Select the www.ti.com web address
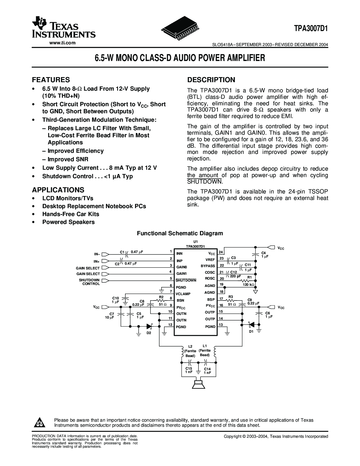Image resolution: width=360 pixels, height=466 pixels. pyautogui.click(x=63, y=43)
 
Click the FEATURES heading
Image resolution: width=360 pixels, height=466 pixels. pyautogui.click(x=51, y=80)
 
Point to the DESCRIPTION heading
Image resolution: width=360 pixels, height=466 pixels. pyautogui.click(x=211, y=80)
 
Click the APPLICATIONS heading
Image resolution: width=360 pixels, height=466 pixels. pyautogui.click(x=58, y=190)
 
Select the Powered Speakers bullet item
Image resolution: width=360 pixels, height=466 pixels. pyautogui.click(x=68, y=222)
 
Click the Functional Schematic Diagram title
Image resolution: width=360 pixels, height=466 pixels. pyautogui.click(x=180, y=233)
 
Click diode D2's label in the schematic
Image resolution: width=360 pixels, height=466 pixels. pyautogui.click(x=149, y=333)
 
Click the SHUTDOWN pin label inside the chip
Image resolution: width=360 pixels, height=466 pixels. pyautogui.click(x=186, y=280)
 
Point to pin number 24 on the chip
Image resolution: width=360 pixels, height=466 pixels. pyautogui.click(x=221, y=252)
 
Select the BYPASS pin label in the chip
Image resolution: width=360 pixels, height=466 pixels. pyautogui.click(x=208, y=266)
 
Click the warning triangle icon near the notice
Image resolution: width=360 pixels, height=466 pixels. pyautogui.click(x=39, y=423)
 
